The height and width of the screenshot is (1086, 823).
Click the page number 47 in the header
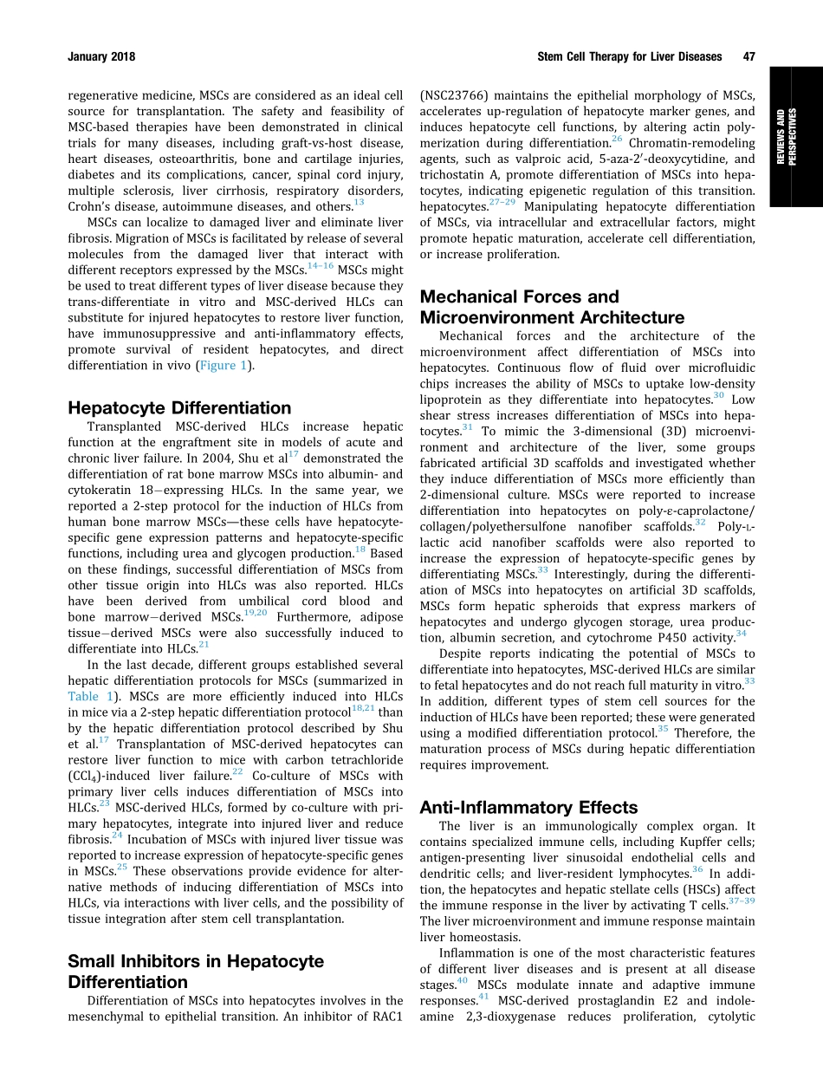[x=748, y=57]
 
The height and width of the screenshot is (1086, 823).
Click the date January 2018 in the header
[x=101, y=57]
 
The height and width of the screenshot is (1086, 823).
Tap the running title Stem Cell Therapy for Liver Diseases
[x=629, y=57]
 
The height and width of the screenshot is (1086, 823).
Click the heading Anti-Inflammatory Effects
[x=528, y=807]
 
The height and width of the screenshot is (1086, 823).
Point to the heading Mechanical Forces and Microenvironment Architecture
[x=552, y=307]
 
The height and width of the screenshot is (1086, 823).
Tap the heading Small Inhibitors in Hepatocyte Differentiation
[x=195, y=972]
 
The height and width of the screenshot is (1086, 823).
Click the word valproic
[x=541, y=159]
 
